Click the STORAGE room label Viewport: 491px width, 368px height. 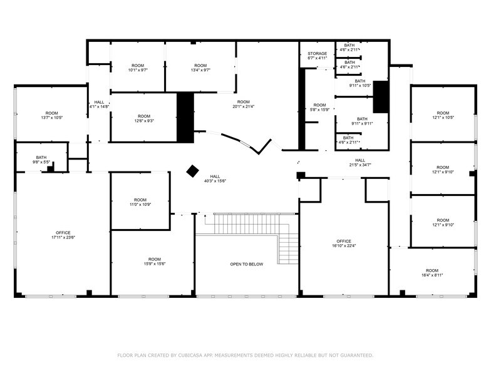pyautogui.click(x=317, y=54)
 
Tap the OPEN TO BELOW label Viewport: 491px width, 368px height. pyautogui.click(x=247, y=264)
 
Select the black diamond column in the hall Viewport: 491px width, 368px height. pyautogui.click(x=193, y=170)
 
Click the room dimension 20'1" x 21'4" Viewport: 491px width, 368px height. pyautogui.click(x=243, y=106)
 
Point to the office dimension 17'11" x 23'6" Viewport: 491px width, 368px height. pyautogui.click(x=63, y=237)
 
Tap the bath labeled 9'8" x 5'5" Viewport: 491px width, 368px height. pyautogui.click(x=41, y=162)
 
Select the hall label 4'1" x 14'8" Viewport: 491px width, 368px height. pyautogui.click(x=99, y=106)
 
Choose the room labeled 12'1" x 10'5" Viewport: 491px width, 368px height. pyautogui.click(x=443, y=118)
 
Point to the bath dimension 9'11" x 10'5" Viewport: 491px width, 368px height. pyautogui.click(x=360, y=85)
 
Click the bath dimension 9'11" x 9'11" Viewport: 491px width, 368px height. pyautogui.click(x=362, y=123)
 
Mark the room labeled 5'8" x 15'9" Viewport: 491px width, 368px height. pyautogui.click(x=319, y=110)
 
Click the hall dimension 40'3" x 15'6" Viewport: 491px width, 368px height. pyautogui.click(x=215, y=181)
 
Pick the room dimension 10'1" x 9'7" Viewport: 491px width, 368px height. pyautogui.click(x=137, y=70)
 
